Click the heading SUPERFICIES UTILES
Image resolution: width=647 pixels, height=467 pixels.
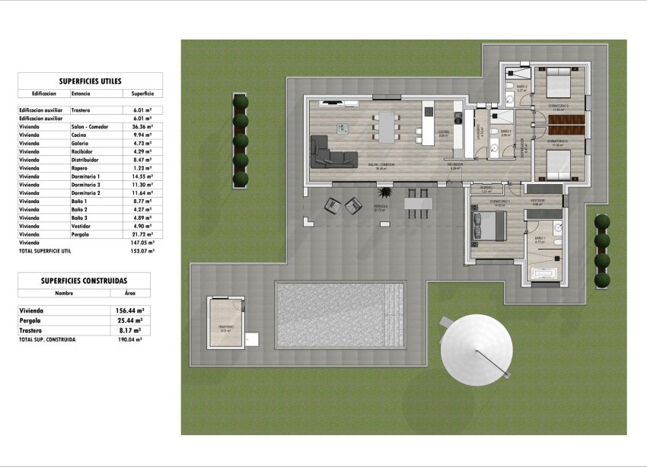[90, 81]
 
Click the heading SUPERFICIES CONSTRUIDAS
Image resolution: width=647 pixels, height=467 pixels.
[84, 281]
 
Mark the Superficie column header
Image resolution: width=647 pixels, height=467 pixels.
[142, 93]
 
